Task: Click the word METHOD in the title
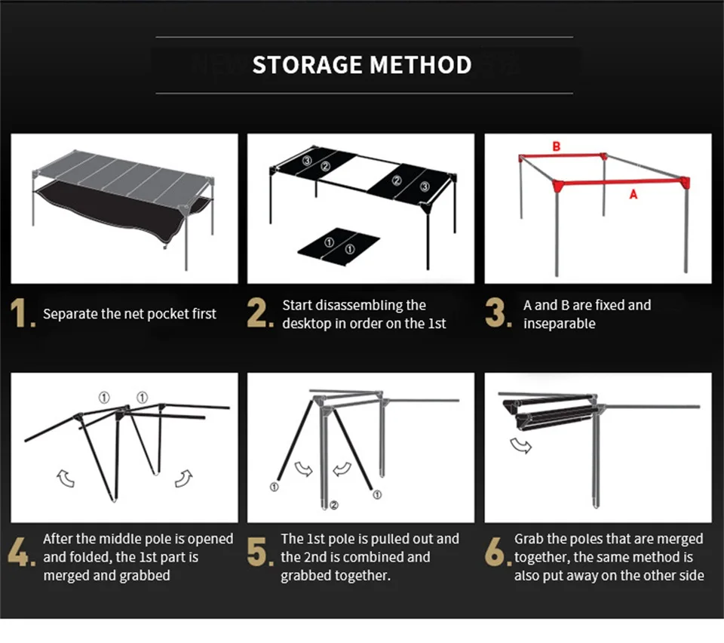tap(421, 65)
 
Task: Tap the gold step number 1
tap(22, 313)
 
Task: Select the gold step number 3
tap(498, 312)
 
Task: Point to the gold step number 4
tap(21, 552)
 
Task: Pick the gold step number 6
tap(498, 552)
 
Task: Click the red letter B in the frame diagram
tap(557, 146)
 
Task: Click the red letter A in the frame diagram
tap(633, 195)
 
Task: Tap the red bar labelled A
tap(621, 183)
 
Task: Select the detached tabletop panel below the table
tap(339, 247)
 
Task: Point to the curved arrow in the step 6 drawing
tap(521, 446)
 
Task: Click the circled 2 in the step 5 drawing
tap(334, 505)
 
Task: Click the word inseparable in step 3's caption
tap(559, 323)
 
